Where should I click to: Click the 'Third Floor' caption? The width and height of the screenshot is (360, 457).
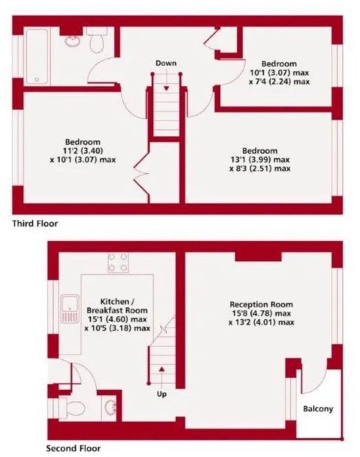click(35, 224)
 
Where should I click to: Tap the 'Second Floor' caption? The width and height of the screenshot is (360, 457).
click(73, 448)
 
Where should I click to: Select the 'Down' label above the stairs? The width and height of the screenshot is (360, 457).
click(166, 63)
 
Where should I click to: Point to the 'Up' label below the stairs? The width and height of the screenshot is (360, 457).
click(162, 394)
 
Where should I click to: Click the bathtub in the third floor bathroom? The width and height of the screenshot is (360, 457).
click(37, 56)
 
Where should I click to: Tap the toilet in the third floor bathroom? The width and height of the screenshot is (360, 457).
click(97, 40)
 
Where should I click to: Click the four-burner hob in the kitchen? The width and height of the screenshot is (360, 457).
click(118, 262)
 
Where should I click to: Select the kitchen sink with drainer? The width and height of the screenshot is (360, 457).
click(70, 308)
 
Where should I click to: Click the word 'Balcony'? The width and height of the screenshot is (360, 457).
click(318, 409)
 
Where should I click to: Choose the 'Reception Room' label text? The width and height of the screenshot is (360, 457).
click(261, 304)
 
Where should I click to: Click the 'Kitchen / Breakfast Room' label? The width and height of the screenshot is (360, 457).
click(117, 306)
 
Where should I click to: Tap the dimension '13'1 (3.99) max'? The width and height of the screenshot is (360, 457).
click(260, 160)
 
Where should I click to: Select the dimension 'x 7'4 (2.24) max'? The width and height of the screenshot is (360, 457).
click(279, 82)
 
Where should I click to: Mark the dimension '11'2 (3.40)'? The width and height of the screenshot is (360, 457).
click(83, 151)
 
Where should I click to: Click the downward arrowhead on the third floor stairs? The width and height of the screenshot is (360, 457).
click(166, 88)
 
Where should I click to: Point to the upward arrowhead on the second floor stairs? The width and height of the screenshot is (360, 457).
click(162, 369)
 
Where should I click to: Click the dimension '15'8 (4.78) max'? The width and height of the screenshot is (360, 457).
click(261, 314)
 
